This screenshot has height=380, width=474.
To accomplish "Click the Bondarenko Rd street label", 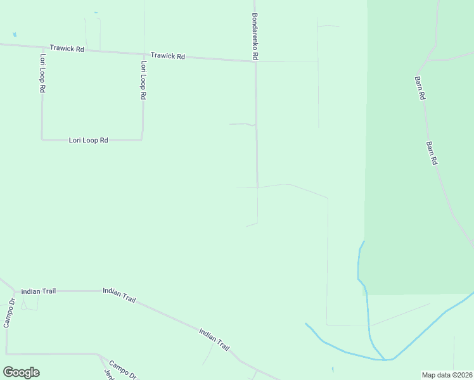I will pos(255,37).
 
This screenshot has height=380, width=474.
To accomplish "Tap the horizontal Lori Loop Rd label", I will pos(88,140).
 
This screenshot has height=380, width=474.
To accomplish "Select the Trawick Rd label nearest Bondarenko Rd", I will pos(168,56).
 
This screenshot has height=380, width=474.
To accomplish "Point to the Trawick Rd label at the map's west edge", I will pos(67,49).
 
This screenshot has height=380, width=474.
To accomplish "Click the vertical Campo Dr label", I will pos(8,313).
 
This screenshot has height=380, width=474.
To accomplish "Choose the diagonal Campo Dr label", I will pos(122,369).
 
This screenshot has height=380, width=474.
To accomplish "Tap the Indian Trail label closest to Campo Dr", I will pos(38,291).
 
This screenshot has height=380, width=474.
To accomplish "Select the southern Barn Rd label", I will pos(433,153).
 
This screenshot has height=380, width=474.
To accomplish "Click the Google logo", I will pos(21,372).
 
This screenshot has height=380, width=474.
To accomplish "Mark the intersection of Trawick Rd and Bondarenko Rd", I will pos(255,61).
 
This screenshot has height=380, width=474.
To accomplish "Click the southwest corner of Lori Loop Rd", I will pos(42,139).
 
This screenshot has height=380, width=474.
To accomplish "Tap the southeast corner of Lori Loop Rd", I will pos(142,139).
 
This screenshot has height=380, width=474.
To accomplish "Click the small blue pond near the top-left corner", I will pos(14,34).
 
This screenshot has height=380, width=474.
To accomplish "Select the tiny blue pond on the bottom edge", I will pos(333,369).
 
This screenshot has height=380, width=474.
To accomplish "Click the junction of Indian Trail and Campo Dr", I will pos(15,291).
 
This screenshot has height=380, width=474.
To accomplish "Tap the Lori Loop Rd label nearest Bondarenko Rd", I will pos(144,80).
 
